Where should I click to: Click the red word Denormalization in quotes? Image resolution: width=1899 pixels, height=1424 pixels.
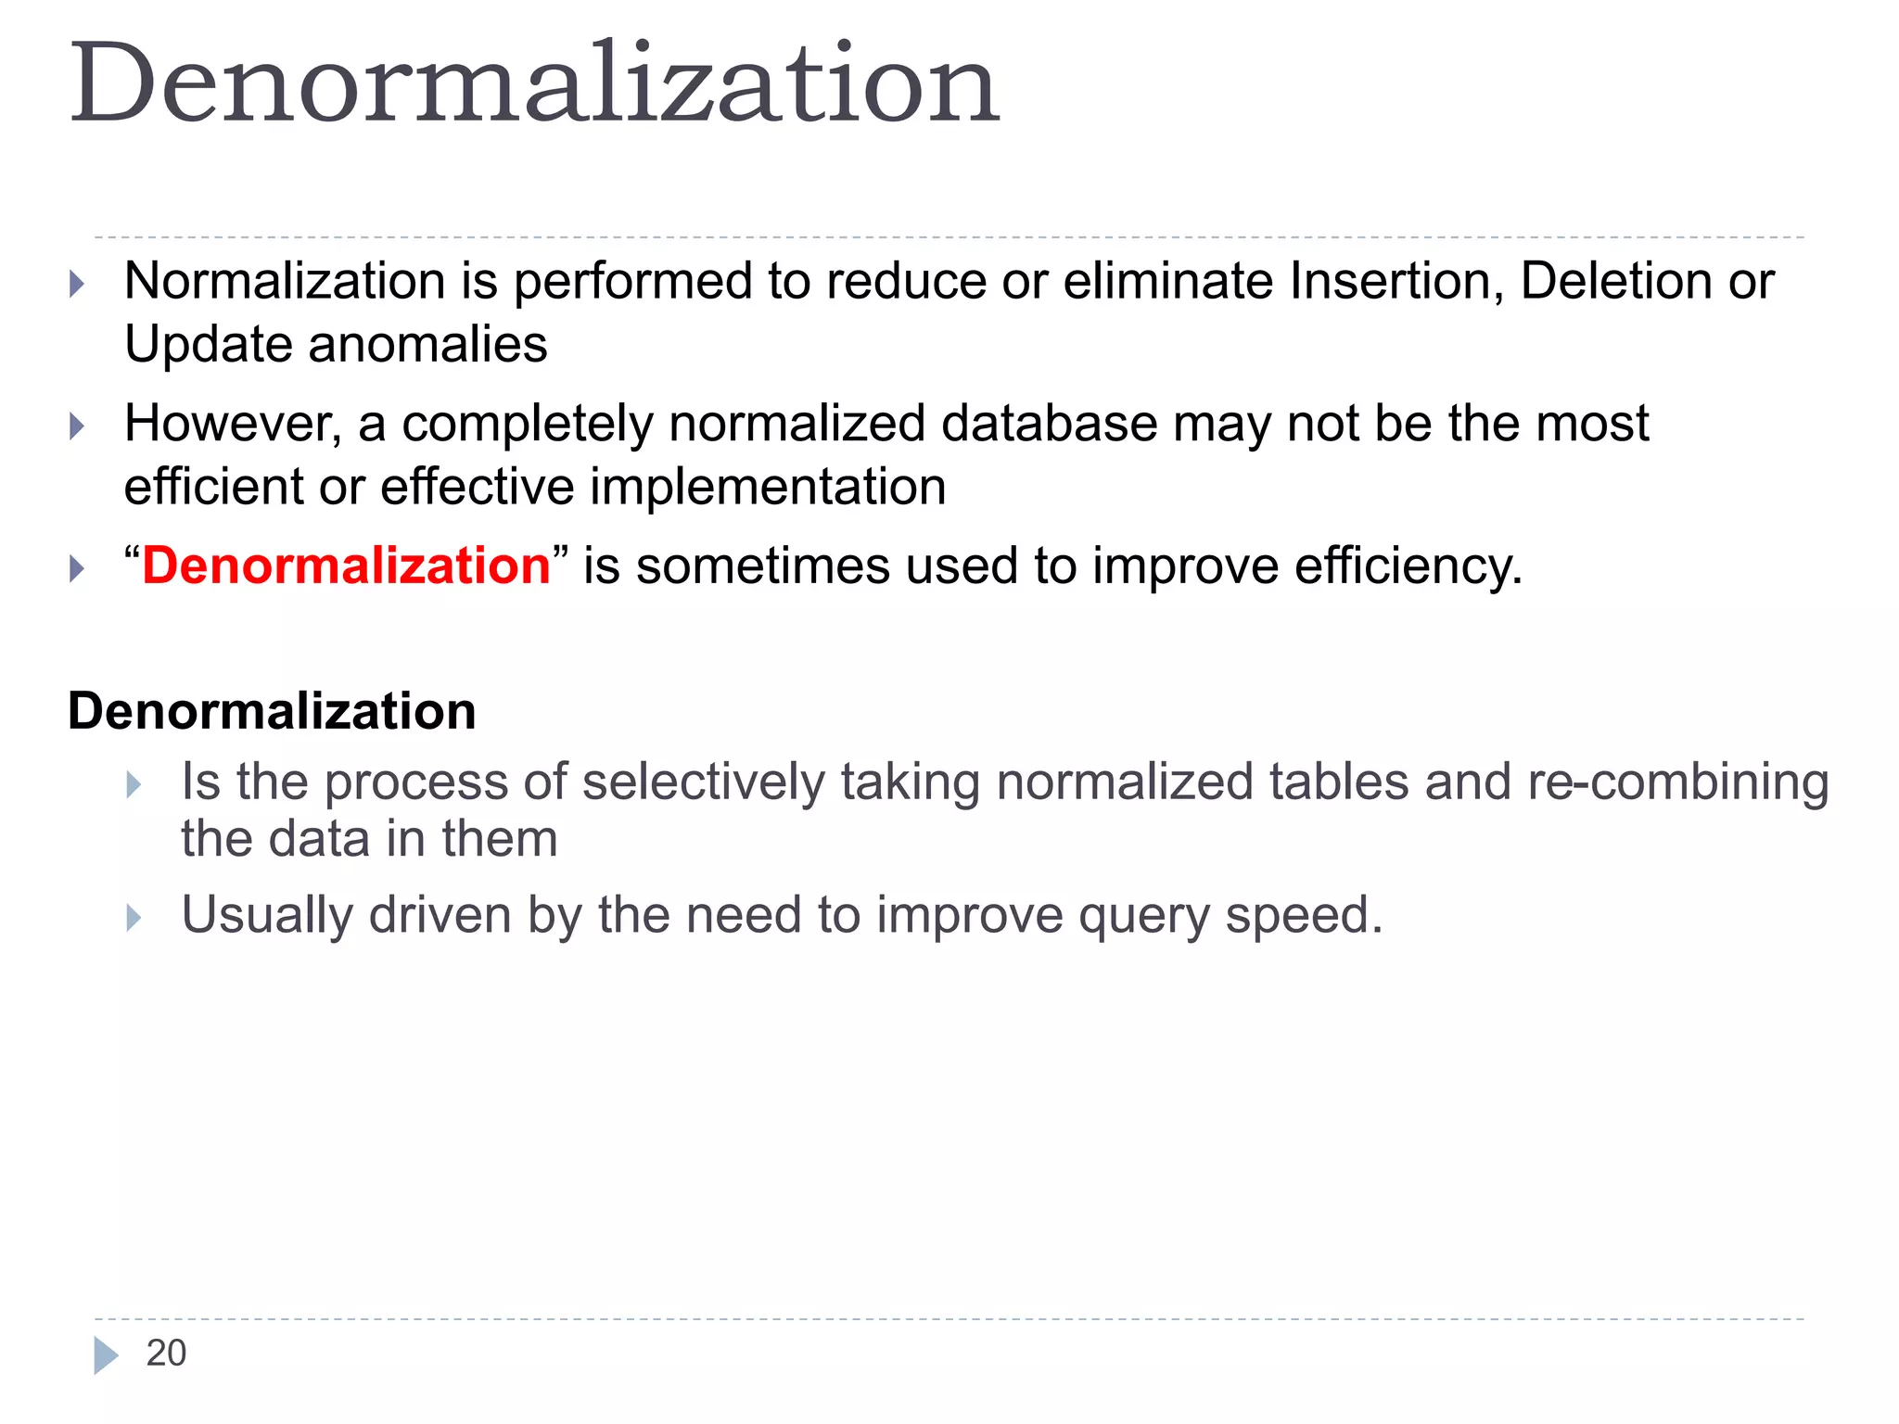pos(346,566)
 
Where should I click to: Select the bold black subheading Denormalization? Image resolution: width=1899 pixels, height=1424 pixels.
pos(272,711)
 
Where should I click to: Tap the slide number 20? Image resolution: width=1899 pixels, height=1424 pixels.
pos(166,1353)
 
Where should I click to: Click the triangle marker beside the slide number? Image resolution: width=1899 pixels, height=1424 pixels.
pos(106,1354)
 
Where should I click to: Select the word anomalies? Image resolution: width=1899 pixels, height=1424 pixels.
pos(427,345)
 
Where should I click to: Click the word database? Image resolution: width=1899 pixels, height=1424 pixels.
pos(1049,424)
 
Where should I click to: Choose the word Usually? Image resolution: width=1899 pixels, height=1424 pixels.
pos(267,916)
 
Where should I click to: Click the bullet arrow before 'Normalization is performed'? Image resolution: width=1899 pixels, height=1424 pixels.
pos(78,284)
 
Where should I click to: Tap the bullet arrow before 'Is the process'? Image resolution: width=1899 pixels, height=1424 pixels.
pos(134,784)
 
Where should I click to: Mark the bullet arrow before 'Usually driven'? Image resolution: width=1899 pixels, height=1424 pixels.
pos(134,918)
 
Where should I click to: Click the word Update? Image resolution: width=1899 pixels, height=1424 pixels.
pos(209,345)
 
